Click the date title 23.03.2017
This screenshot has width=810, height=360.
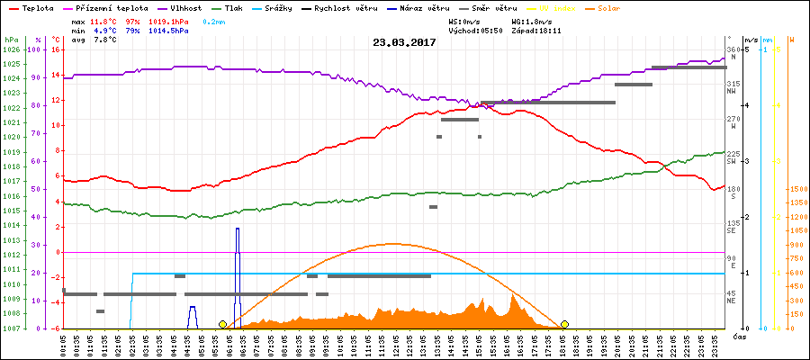click(x=404, y=42)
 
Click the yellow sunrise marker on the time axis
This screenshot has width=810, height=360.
click(x=222, y=324)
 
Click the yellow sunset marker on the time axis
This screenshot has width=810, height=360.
click(x=564, y=324)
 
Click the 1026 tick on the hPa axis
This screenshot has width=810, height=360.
click(x=11, y=49)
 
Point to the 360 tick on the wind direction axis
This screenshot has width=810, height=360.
click(x=733, y=49)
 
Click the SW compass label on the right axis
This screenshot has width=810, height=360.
click(x=733, y=162)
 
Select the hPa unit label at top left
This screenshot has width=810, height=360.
click(x=11, y=40)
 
